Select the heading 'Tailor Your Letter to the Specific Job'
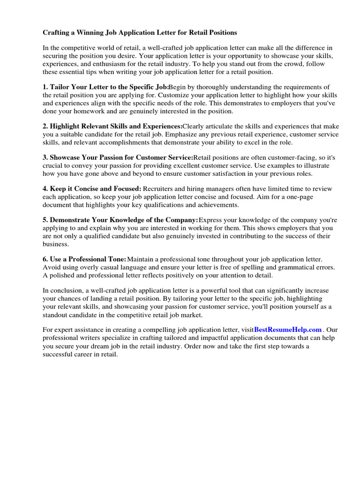pyautogui.click(x=105, y=87)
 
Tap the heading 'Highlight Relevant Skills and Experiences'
pyautogui.click(x=112, y=126)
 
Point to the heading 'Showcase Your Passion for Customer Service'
pyautogui.click(x=118, y=157)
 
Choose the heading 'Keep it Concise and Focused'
pyautogui.click(x=92, y=188)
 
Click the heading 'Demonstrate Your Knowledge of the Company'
pyautogui.click(x=120, y=220)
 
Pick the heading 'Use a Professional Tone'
pyautogui.click(x=84, y=259)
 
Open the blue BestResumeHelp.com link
pyautogui.click(x=288, y=330)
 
